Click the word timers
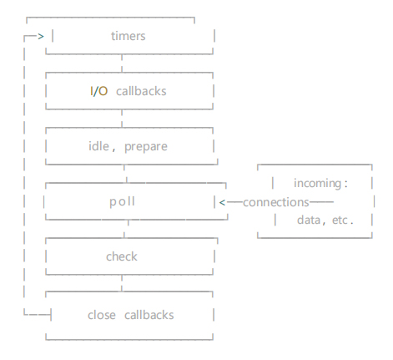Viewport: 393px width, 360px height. coord(128,36)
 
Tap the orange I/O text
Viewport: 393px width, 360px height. coord(99,91)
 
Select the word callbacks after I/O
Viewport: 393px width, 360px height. coord(141,91)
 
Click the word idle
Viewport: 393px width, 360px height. coord(98,146)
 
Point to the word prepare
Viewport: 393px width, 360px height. coord(146,147)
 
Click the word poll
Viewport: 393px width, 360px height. coord(122,201)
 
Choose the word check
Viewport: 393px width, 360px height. coord(122,256)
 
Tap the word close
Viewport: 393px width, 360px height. coord(102,315)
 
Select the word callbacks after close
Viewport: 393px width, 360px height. coord(149,315)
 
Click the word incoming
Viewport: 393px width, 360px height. coord(318,184)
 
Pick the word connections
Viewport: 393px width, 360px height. coord(276,202)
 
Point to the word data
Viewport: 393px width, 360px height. coord(309,220)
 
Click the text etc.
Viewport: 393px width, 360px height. coord(343,221)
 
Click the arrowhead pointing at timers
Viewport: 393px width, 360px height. coord(41,36)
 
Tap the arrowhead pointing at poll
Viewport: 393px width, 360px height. coord(222,202)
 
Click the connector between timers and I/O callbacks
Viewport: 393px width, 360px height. coord(122,63)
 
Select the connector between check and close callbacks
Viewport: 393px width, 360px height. coord(122,283)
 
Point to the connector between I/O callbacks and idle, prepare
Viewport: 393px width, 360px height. coord(122,119)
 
